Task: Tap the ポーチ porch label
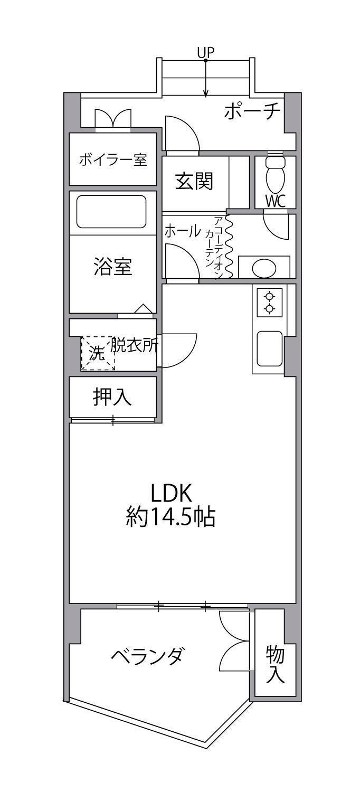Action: pyautogui.click(x=252, y=112)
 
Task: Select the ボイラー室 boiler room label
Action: pyautogui.click(x=113, y=160)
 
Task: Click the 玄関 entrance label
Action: pyautogui.click(x=194, y=182)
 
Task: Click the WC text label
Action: pyautogui.click(x=276, y=202)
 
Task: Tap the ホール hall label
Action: pyautogui.click(x=183, y=231)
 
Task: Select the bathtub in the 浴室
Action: pyautogui.click(x=111, y=212)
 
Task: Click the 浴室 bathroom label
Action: pyautogui.click(x=113, y=267)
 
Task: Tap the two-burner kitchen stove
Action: pyautogui.click(x=270, y=303)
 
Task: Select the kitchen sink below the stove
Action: pyautogui.click(x=269, y=348)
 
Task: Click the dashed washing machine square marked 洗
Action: pyautogui.click(x=98, y=353)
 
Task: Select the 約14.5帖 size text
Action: pyautogui.click(x=171, y=518)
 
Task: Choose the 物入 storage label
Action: pyautogui.click(x=275, y=664)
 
